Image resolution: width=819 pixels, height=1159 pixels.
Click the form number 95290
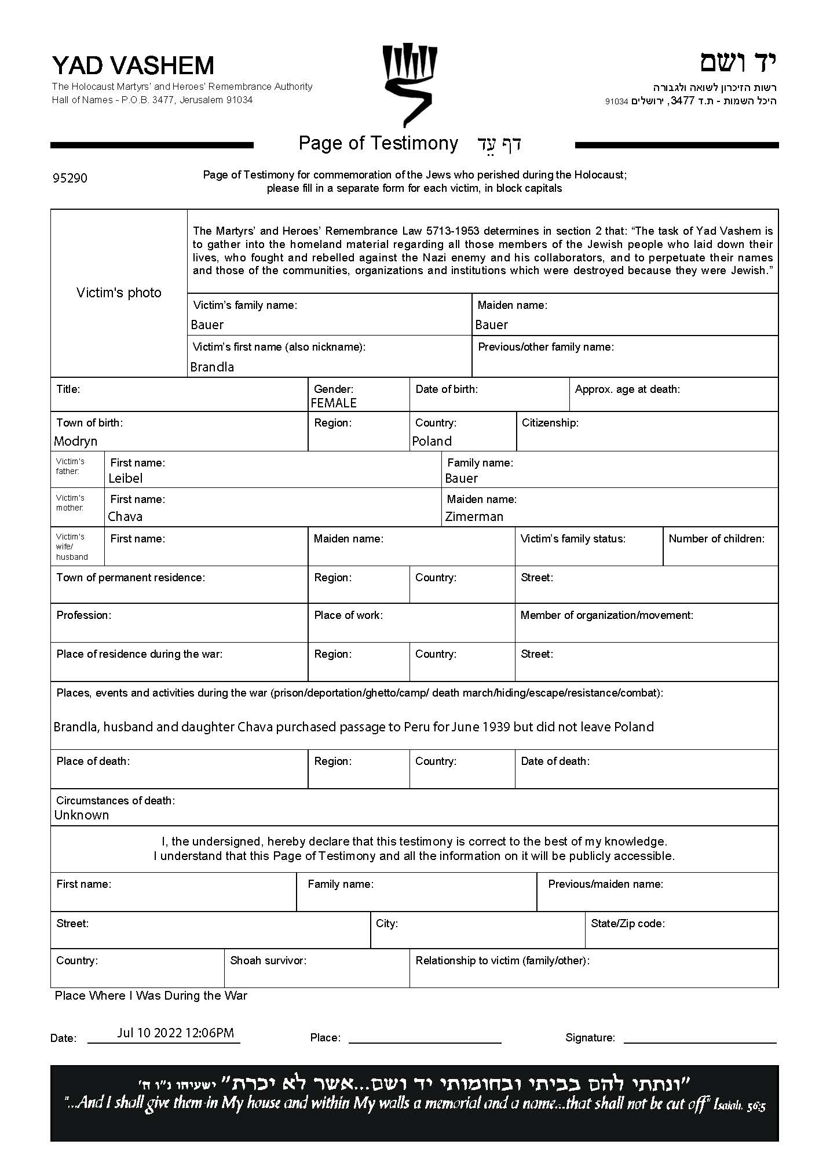click(70, 178)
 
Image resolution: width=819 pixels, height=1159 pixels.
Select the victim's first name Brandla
click(212, 367)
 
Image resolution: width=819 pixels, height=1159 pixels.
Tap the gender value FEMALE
click(334, 403)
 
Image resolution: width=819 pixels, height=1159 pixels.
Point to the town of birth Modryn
click(76, 441)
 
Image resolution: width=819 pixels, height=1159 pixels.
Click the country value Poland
click(432, 441)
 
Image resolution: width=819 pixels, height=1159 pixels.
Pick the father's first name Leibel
click(125, 478)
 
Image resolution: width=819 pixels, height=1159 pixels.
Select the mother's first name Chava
click(125, 516)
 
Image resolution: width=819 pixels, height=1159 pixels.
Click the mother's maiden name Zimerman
click(474, 516)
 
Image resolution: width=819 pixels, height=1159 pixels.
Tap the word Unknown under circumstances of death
click(82, 815)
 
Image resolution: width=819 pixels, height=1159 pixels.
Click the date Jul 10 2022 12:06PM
click(175, 1033)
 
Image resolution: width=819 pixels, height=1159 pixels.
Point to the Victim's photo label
click(119, 293)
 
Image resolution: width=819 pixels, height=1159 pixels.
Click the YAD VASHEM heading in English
click(133, 65)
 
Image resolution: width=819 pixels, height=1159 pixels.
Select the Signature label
click(590, 1038)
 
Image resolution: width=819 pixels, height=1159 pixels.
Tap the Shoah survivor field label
click(268, 960)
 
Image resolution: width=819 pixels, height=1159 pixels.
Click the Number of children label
click(716, 538)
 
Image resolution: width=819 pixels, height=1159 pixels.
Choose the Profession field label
click(83, 615)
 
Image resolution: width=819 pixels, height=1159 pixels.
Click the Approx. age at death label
click(627, 389)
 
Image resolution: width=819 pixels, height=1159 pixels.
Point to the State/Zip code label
click(628, 923)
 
